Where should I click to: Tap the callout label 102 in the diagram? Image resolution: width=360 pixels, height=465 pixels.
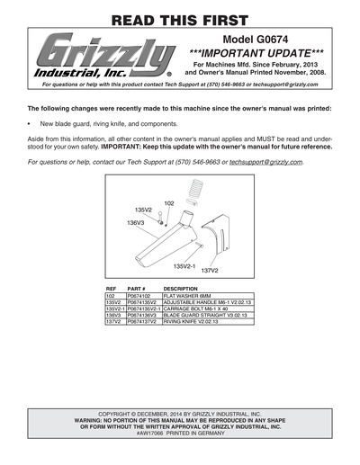coord(169,203)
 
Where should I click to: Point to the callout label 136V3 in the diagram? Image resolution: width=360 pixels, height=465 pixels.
coord(135,221)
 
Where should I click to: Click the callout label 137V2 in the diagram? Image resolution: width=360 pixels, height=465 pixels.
coord(210,270)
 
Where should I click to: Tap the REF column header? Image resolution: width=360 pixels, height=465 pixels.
coord(111,288)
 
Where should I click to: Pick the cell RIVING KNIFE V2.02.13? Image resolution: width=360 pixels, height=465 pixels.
coord(190,321)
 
